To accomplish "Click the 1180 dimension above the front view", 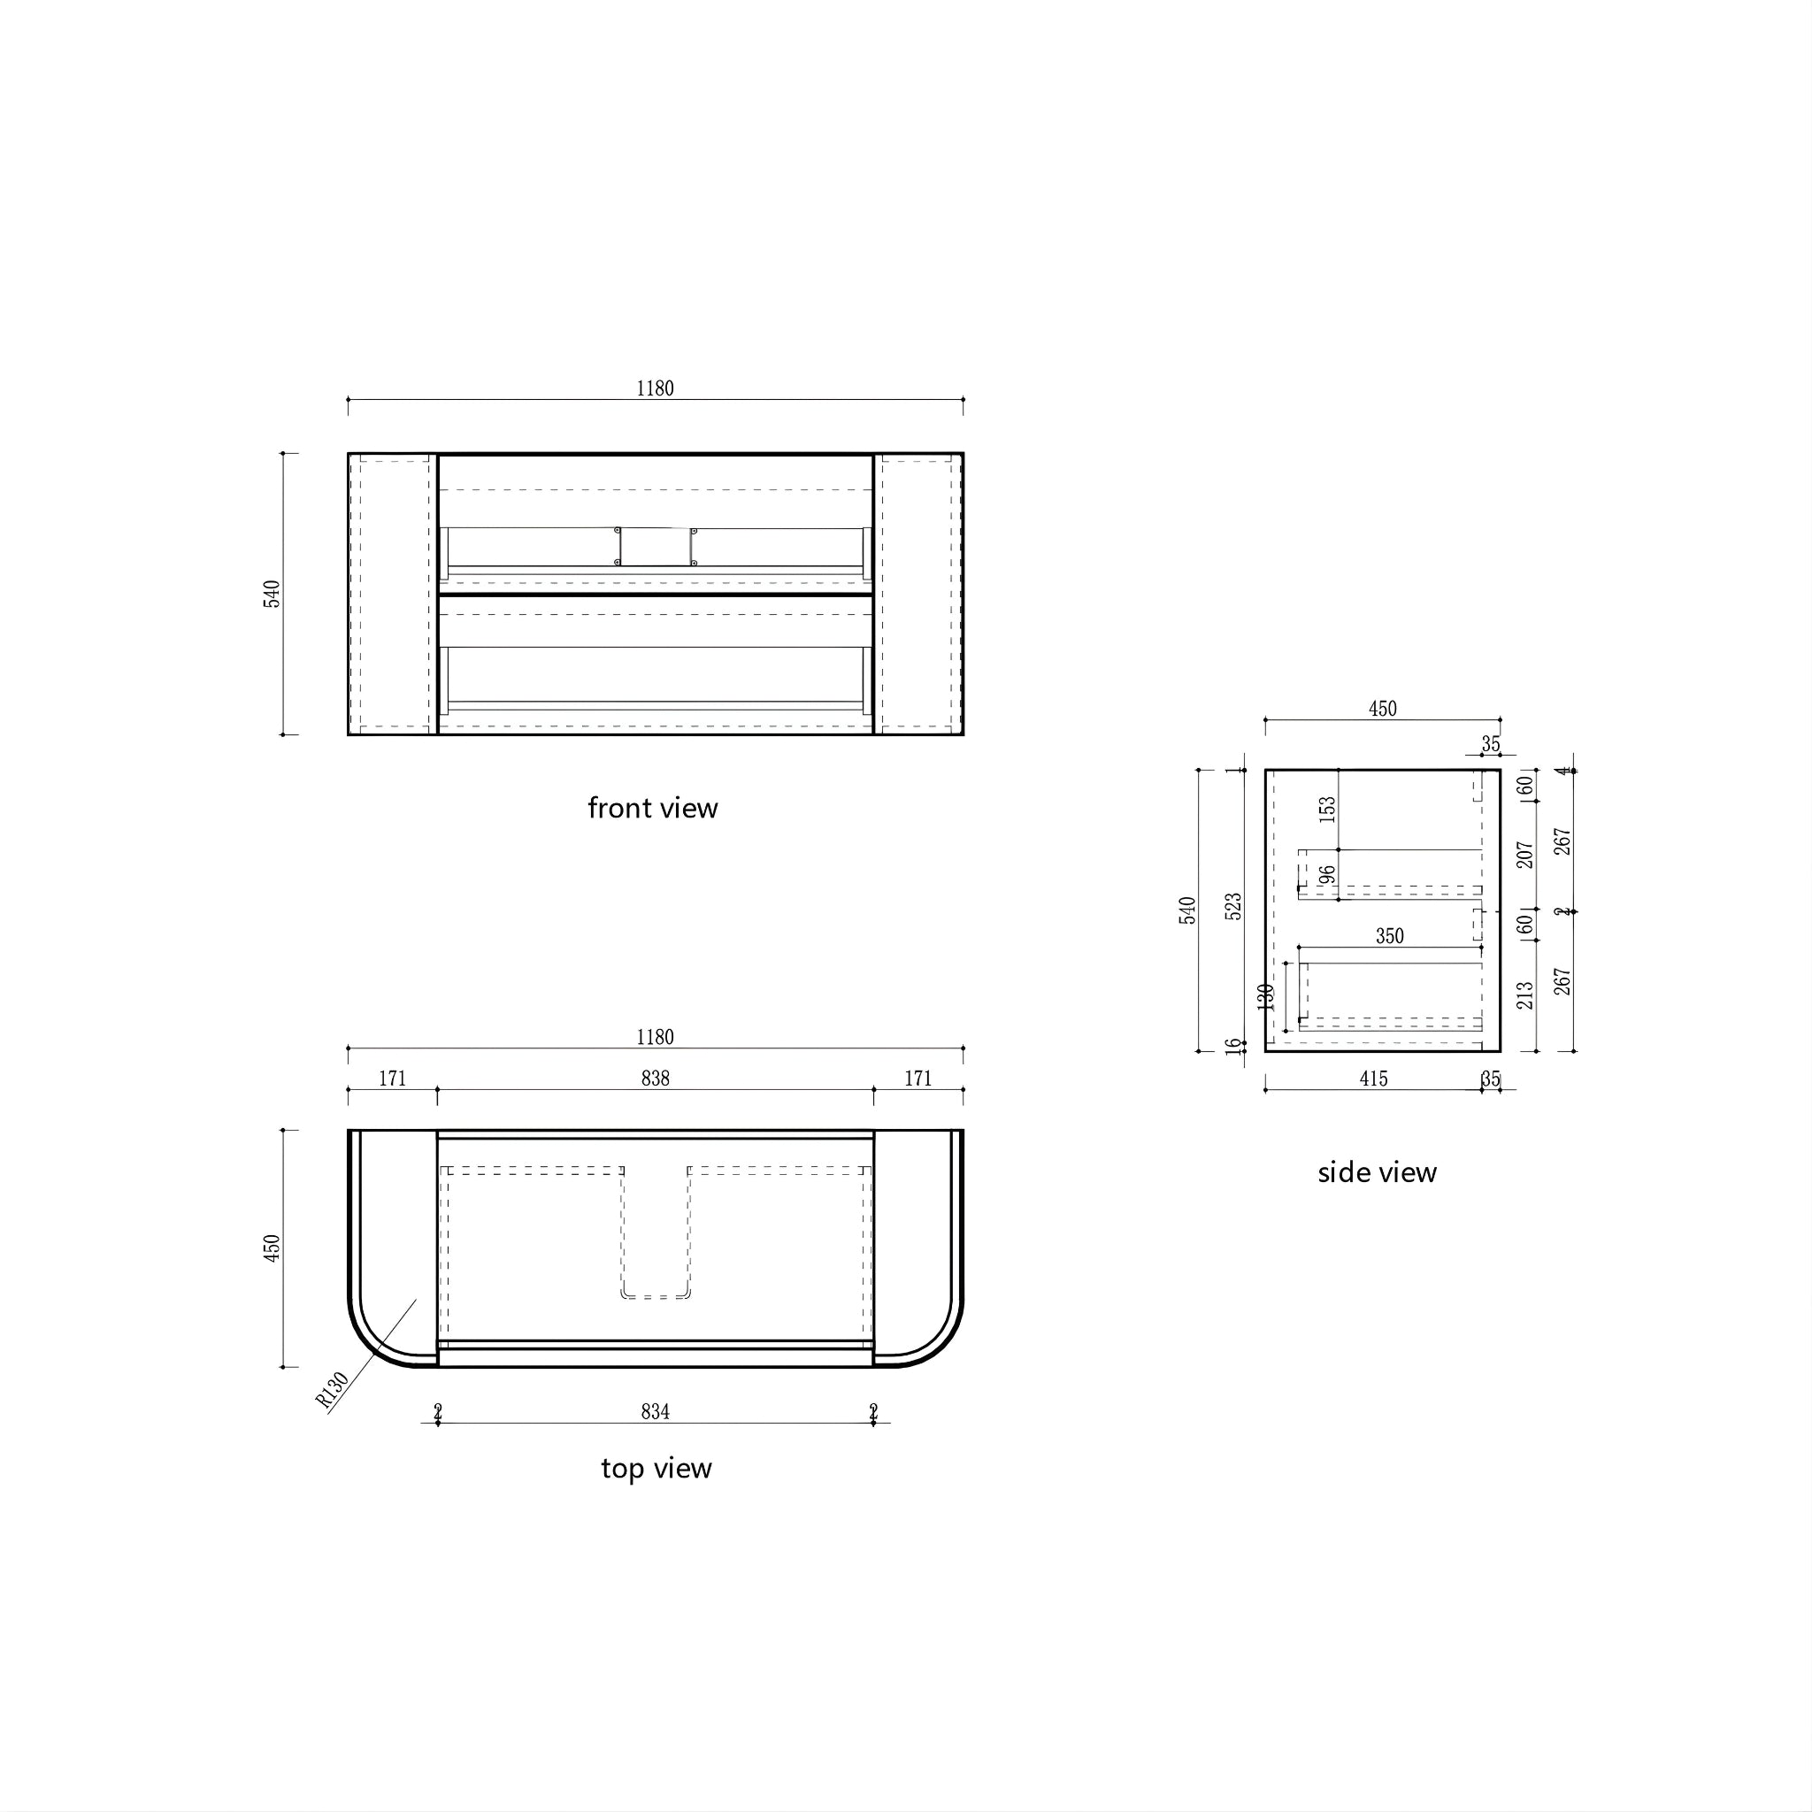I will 655,388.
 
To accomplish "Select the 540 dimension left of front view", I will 272,594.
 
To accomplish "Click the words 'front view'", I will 653,808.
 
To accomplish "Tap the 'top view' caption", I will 656,1468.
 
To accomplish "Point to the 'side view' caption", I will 1377,1172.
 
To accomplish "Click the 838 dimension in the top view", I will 655,1079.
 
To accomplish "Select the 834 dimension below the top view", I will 655,1411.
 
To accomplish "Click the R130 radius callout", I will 332,1390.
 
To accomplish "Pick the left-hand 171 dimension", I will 392,1079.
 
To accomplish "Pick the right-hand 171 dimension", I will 918,1079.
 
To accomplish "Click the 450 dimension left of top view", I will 272,1248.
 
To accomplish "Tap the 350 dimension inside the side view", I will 1389,936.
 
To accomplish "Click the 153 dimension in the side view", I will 1327,810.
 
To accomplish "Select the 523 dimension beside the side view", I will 1233,906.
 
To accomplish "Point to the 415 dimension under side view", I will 1373,1079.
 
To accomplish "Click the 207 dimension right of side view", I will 1525,855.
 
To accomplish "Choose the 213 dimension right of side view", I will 1525,995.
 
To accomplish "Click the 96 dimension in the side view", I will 1326,874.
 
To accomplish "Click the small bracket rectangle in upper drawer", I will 655,547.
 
